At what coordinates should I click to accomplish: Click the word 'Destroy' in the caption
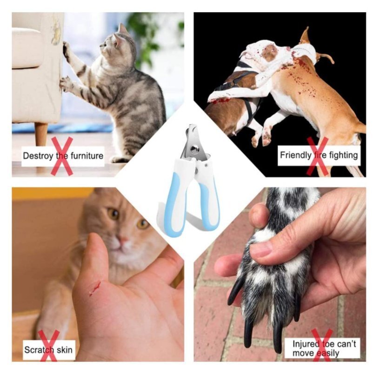coord(38,156)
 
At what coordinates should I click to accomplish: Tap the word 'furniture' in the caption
coord(86,156)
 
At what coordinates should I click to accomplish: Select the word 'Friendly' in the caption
coord(296,155)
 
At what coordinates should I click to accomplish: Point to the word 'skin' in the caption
coord(65,350)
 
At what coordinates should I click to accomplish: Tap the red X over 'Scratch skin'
coord(48,346)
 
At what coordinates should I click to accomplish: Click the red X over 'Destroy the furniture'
coord(62,156)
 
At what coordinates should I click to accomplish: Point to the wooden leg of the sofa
coord(41,134)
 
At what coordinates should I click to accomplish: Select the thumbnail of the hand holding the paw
coord(260,251)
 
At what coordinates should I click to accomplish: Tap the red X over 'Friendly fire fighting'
coord(317,156)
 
